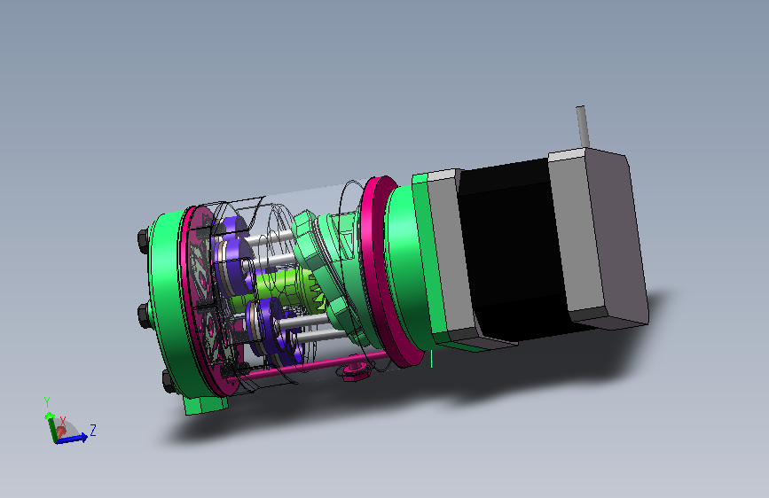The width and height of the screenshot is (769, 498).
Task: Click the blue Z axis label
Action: [x=93, y=431]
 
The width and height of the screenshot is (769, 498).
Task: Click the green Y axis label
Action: [x=47, y=402]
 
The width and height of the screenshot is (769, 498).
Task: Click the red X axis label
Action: [x=63, y=421]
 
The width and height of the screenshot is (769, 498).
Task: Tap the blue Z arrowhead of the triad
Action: [x=84, y=436]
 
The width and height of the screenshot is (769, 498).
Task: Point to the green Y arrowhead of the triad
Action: [x=50, y=416]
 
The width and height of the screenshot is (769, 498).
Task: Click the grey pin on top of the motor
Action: [x=582, y=126]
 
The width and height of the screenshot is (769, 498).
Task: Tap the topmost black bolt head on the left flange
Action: [x=144, y=239]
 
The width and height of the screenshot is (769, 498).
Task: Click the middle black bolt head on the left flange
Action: [x=145, y=315]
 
